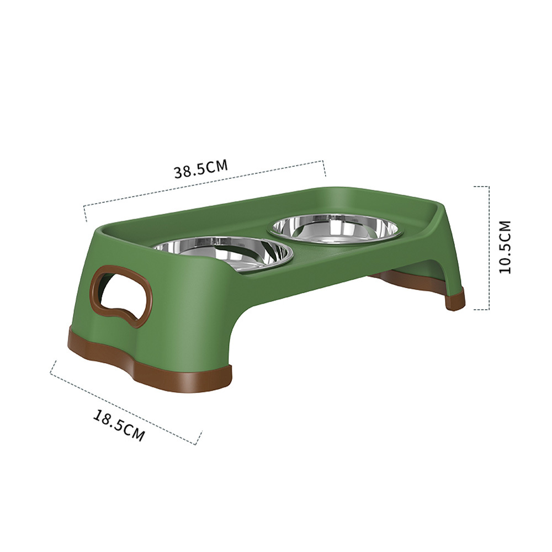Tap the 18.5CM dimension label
119,425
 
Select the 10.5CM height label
505,247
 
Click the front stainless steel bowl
225,253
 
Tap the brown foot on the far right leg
455,299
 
